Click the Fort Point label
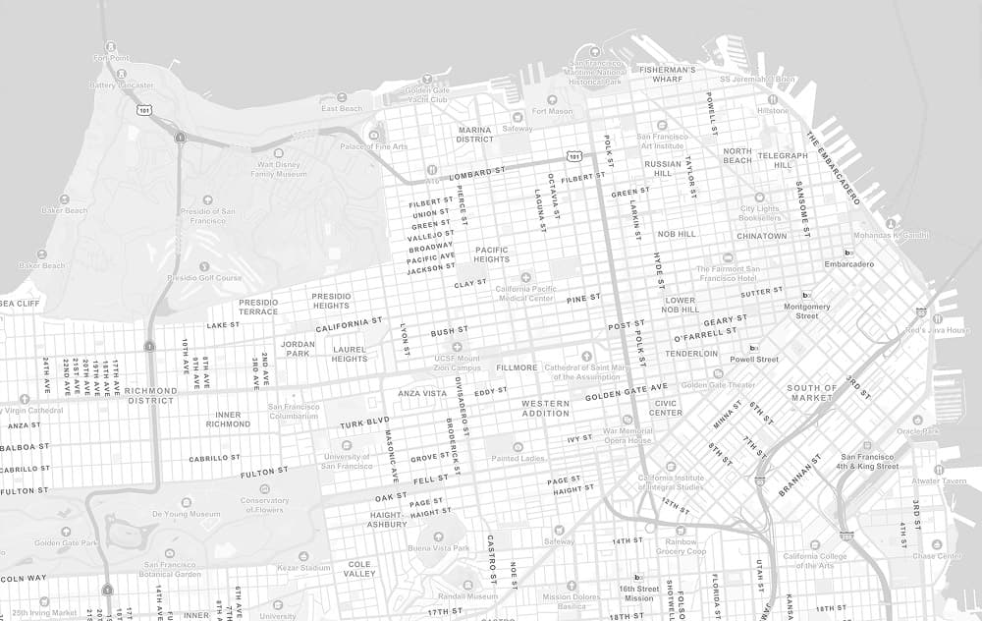point(111,58)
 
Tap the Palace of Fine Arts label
point(373,146)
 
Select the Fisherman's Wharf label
point(667,75)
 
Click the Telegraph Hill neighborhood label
point(783,160)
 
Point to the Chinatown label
point(762,236)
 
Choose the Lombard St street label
point(476,173)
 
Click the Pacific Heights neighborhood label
point(492,254)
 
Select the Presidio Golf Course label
point(204,278)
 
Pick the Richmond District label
point(151,395)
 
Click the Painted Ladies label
point(518,458)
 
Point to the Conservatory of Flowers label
point(265,505)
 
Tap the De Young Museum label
point(186,514)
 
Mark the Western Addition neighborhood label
point(545,408)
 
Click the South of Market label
point(812,392)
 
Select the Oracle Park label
point(918,430)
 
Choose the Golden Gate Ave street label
point(627,392)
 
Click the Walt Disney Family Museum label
point(278,168)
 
